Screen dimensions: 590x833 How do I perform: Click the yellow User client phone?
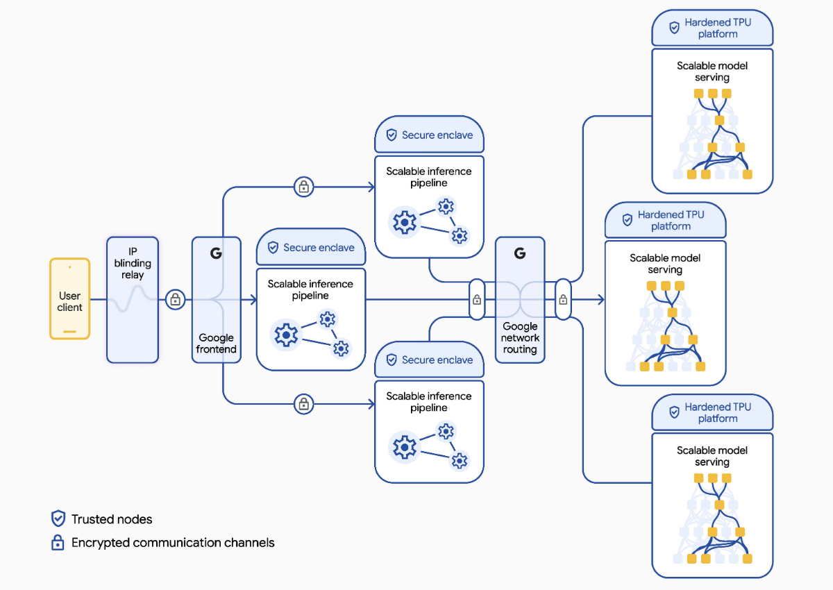click(x=69, y=298)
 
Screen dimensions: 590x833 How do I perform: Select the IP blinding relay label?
click(x=133, y=263)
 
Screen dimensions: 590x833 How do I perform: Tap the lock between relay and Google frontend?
click(x=176, y=300)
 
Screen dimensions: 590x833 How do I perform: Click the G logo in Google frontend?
click(x=216, y=253)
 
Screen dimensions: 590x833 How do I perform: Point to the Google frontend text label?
click(x=216, y=343)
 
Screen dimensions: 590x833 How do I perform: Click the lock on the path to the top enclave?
click(x=303, y=187)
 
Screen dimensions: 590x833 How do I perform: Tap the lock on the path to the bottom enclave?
click(x=303, y=403)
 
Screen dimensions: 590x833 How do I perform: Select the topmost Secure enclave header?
click(x=429, y=135)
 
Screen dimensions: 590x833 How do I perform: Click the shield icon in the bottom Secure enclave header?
click(x=392, y=360)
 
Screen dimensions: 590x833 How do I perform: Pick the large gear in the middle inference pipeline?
click(x=286, y=335)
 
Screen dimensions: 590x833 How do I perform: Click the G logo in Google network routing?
click(x=520, y=253)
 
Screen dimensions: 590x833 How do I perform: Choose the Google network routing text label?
click(x=520, y=337)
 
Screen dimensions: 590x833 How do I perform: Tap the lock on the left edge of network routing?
click(x=477, y=300)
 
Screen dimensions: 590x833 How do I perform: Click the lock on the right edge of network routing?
click(x=563, y=300)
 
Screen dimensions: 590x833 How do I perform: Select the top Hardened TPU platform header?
click(x=712, y=28)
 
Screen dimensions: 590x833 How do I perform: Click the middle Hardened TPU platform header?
click(x=665, y=220)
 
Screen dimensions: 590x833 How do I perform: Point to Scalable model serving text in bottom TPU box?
click(x=712, y=456)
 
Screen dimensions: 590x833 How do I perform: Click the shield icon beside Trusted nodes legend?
click(x=58, y=519)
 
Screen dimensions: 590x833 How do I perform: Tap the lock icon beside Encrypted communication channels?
click(x=58, y=543)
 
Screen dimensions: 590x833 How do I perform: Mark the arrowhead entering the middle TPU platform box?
click(x=600, y=300)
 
